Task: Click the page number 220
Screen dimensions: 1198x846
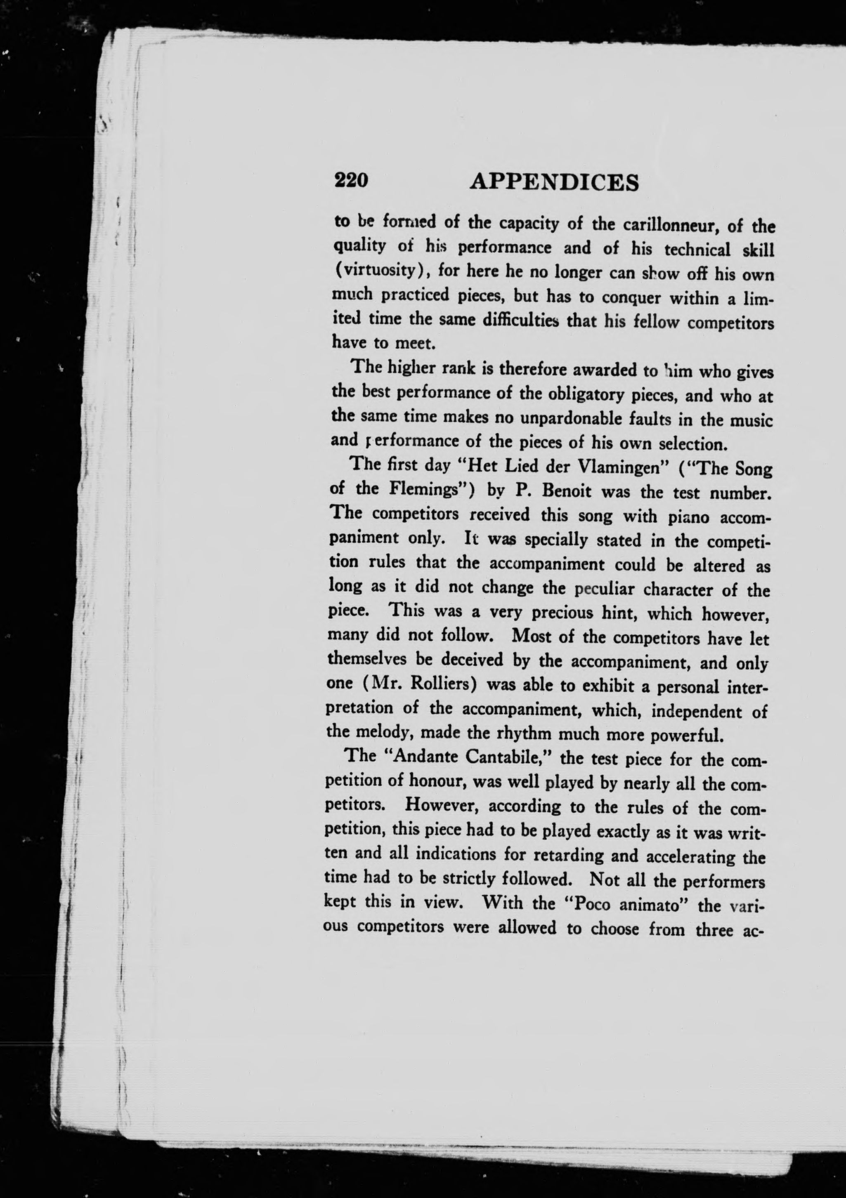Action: click(x=352, y=180)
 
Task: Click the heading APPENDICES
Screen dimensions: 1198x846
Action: click(x=555, y=183)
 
